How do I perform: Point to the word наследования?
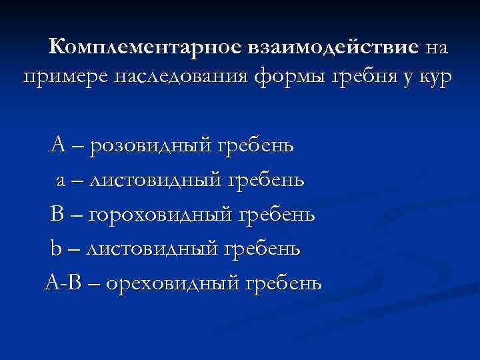(183, 78)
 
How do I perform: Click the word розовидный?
(149, 144)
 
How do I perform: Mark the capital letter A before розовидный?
(57, 144)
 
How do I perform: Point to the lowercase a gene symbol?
(60, 180)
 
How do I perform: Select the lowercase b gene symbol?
(55, 248)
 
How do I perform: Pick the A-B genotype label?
(63, 283)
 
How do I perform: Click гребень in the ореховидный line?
(284, 283)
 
